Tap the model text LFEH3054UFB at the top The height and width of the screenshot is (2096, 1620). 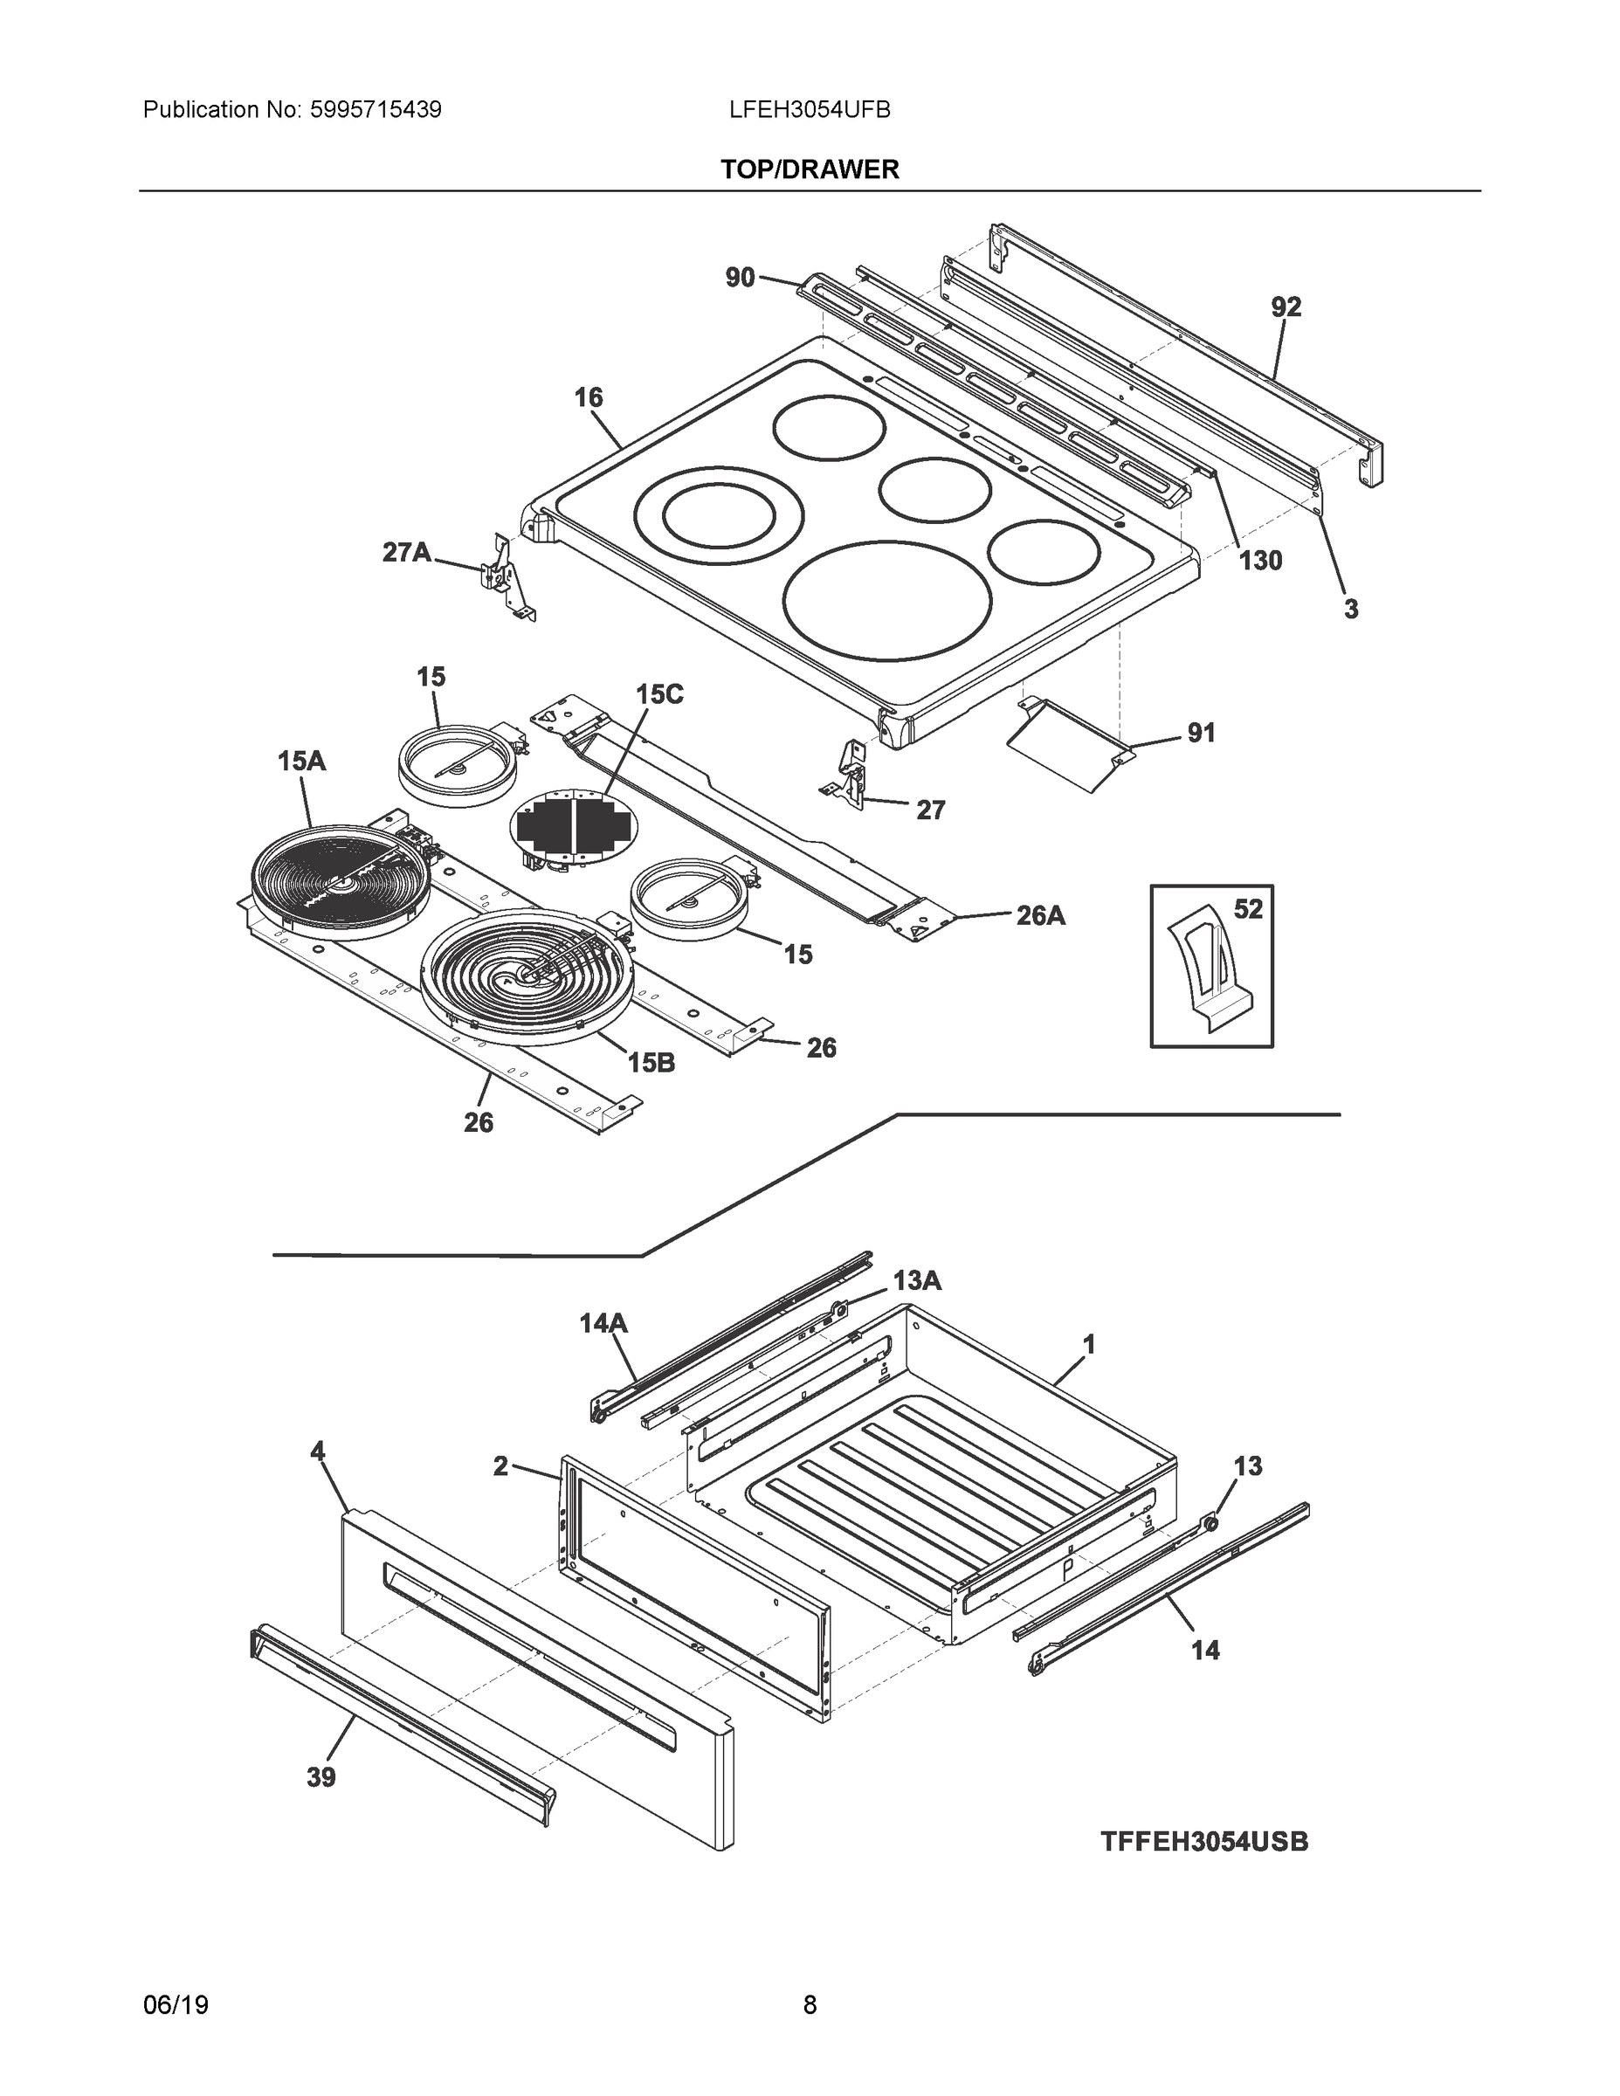click(809, 110)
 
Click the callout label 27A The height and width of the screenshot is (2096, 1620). click(407, 553)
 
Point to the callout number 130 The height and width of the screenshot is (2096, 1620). click(1260, 561)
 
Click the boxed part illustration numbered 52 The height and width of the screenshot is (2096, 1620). click(1210, 967)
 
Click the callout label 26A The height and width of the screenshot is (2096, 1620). click(1040, 915)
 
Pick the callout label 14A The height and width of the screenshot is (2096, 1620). click(603, 1323)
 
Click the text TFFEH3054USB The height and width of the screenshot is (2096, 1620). click(1203, 1842)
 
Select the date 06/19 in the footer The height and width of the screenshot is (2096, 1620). click(176, 2005)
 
